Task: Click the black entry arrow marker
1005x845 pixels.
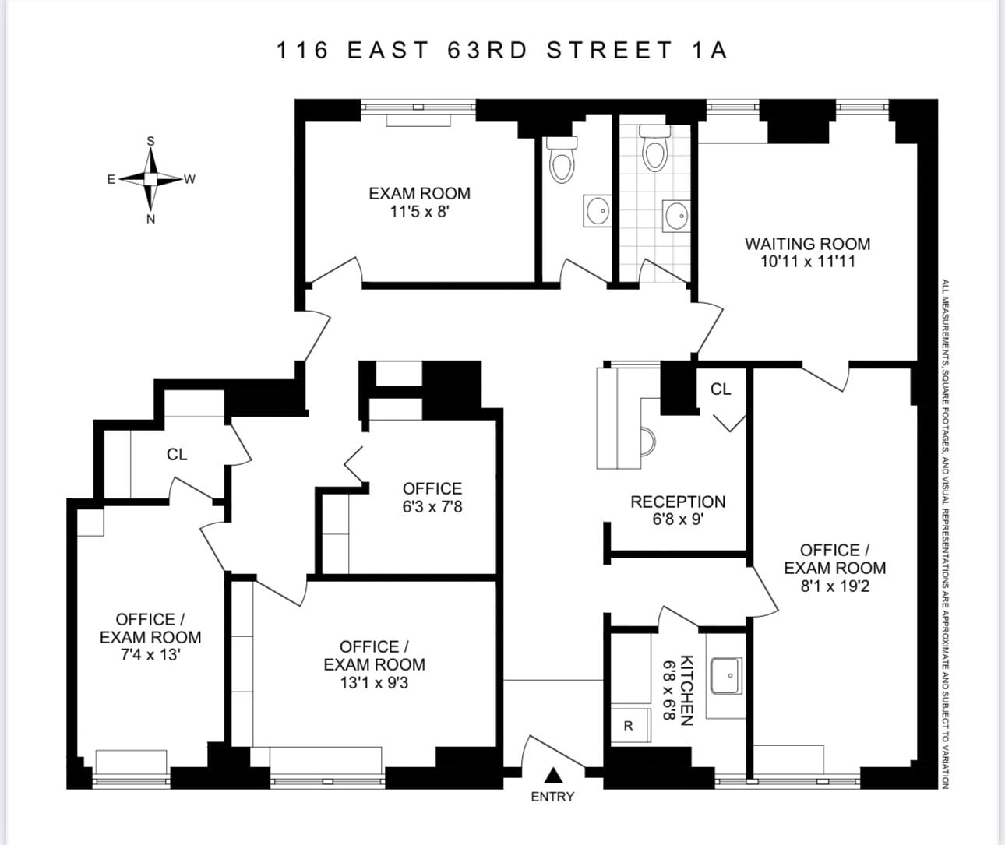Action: coord(553,775)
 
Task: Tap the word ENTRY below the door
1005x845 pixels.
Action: coord(552,797)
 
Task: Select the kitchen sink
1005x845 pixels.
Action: coord(725,675)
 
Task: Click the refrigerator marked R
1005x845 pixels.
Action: coord(629,726)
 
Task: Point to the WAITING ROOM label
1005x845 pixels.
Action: coord(807,244)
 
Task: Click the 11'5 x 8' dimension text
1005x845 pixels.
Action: coord(420,211)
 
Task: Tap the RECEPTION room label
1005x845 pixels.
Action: coord(678,502)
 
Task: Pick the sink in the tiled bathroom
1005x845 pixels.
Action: coord(676,214)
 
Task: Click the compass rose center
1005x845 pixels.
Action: coord(151,179)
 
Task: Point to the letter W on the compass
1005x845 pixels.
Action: coord(189,180)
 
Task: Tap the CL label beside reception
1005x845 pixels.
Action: coord(721,389)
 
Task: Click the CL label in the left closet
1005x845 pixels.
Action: coord(177,454)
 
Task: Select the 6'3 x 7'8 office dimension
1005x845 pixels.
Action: coord(432,506)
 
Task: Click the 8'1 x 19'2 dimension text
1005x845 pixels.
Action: coord(834,586)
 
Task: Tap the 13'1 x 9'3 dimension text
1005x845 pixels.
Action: coord(374,682)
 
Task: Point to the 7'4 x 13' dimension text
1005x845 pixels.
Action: coord(150,655)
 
